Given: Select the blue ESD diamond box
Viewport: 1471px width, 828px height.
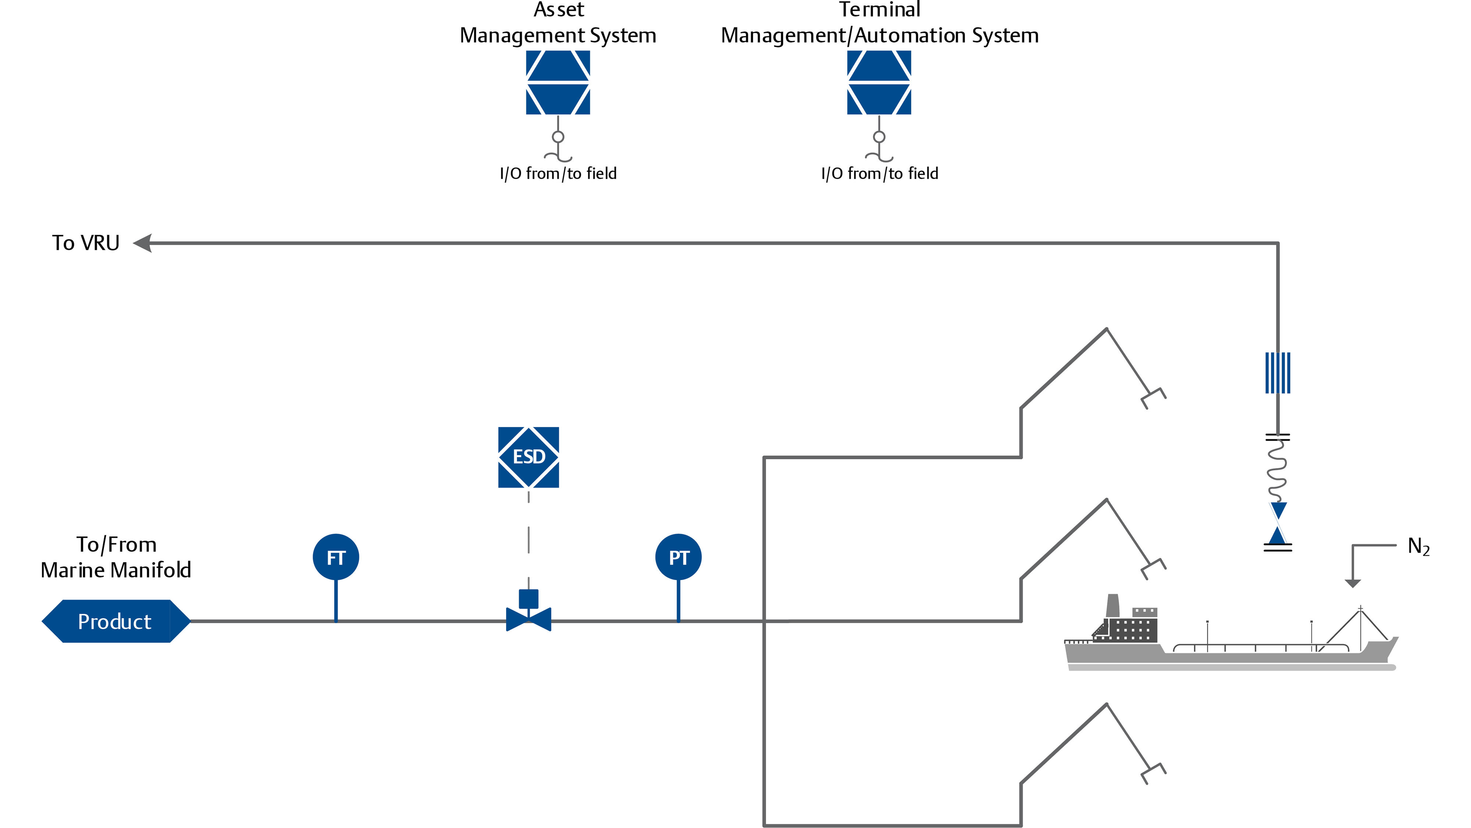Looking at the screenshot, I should coord(528,457).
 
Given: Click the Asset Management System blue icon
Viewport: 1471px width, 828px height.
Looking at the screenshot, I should coord(558,82).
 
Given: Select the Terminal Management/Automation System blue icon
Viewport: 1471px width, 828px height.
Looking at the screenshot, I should coord(879,82).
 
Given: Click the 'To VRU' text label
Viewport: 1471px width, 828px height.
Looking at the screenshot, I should coord(86,243).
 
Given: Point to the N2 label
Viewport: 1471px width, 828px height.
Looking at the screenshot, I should coord(1418,547).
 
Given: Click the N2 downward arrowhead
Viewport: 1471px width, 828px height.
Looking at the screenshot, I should coord(1352,583).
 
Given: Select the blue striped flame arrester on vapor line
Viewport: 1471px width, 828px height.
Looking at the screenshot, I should coord(1278,372).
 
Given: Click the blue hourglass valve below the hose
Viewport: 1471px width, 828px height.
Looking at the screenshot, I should coord(1278,523).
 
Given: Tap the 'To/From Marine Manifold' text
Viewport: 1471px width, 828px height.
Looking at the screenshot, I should coord(116,557).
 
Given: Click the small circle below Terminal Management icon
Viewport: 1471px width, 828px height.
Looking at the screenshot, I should coord(879,137).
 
